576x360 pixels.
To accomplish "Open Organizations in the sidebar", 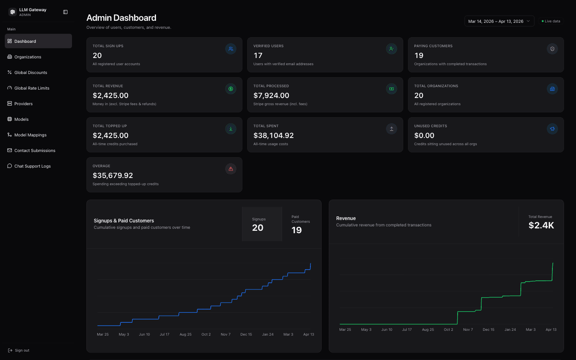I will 28,57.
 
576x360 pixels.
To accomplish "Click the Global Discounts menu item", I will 30,72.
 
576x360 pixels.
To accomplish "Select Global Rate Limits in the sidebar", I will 32,88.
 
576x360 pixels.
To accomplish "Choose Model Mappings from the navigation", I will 30,135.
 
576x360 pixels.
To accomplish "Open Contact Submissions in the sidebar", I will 35,150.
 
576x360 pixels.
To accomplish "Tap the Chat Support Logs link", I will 32,166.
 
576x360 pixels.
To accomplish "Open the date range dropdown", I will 499,21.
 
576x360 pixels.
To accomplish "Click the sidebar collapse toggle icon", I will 66,12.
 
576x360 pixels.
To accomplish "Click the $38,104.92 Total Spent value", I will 274,136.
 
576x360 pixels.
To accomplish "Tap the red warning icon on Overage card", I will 231,169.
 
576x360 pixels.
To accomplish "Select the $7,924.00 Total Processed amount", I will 271,96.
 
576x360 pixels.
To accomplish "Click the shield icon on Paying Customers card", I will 552,49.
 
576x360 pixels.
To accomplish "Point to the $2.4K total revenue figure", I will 541,225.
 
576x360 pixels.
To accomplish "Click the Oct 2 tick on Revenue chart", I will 448,330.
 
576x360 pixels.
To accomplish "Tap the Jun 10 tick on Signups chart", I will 144,334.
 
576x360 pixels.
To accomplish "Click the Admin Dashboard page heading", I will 121,18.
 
